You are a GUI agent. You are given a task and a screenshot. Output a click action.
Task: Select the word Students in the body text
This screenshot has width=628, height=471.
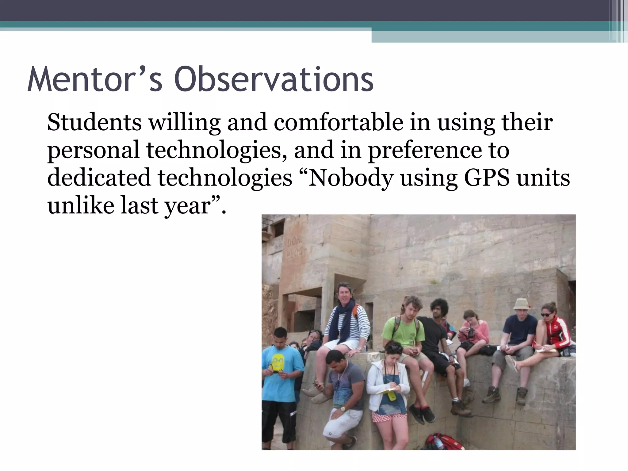[94, 123]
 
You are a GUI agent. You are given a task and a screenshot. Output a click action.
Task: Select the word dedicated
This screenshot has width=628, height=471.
[99, 178]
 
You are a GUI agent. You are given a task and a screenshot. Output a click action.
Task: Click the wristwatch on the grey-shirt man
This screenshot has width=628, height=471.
[343, 409]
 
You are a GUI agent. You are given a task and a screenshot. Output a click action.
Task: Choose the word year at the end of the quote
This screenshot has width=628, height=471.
[187, 206]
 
